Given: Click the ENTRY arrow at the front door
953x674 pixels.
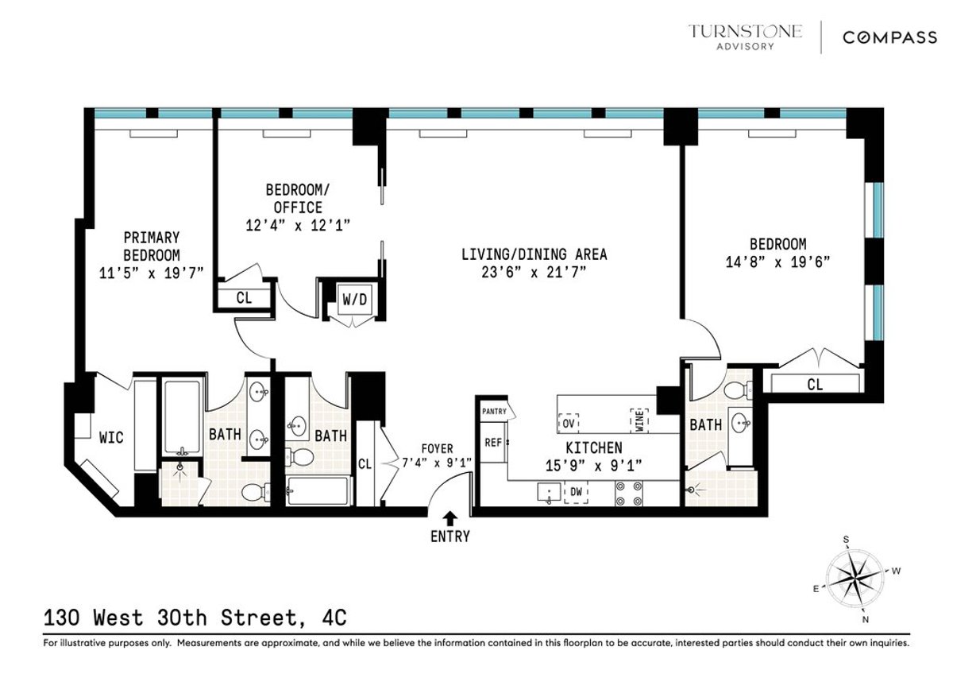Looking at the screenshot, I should point(450,517).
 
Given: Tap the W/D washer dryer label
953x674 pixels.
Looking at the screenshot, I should point(350,300).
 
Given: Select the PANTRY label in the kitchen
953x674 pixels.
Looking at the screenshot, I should point(493,411).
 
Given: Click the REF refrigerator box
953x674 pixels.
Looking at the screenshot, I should point(493,443).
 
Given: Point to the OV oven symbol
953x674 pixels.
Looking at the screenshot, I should point(569,423).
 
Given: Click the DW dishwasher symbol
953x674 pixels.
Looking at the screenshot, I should point(576,493).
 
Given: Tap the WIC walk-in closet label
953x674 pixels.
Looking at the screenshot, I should point(111,437).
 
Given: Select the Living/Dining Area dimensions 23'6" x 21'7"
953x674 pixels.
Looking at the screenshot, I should point(534,272).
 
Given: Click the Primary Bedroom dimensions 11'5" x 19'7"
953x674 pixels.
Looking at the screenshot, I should point(151,272).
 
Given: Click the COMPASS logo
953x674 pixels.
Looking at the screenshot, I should point(889,37).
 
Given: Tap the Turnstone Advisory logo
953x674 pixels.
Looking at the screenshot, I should point(745,37).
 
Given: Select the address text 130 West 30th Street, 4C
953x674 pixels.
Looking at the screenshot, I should point(195,617).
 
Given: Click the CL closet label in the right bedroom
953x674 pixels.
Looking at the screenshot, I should point(815,385).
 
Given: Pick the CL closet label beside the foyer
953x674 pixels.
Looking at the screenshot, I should point(365,463).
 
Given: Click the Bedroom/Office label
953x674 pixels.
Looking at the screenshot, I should point(294,199).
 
